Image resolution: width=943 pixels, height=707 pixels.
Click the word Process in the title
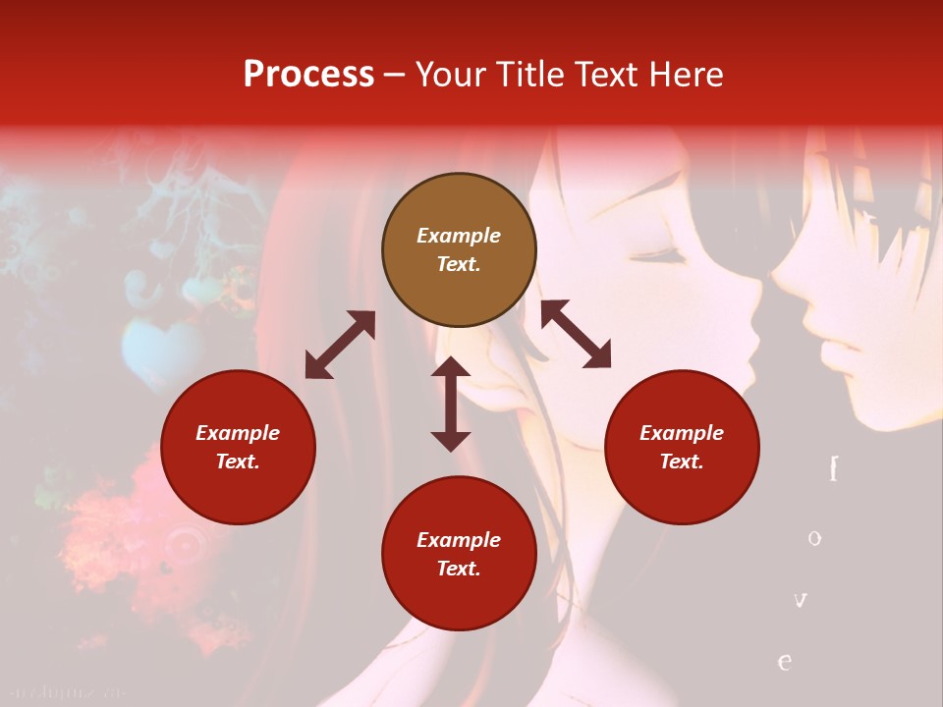(x=308, y=75)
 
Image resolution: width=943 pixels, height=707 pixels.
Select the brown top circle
(x=459, y=250)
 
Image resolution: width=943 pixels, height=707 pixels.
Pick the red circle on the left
(x=238, y=447)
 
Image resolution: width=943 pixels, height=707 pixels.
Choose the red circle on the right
(x=682, y=447)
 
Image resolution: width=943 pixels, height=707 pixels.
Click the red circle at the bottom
(x=459, y=554)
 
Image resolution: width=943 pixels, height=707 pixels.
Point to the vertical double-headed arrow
(x=451, y=404)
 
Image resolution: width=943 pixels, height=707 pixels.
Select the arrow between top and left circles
(x=340, y=345)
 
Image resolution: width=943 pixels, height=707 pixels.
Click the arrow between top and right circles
(x=576, y=334)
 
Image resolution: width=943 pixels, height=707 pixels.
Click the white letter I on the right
(x=833, y=469)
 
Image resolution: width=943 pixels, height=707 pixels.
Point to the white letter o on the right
(x=814, y=538)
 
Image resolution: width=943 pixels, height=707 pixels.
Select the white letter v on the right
(x=801, y=599)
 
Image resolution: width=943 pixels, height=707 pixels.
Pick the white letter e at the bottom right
(x=785, y=661)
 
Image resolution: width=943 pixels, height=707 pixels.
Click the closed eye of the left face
(x=660, y=257)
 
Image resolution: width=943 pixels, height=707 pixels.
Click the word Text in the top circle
(x=459, y=265)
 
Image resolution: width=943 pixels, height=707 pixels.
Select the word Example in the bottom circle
(x=459, y=539)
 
